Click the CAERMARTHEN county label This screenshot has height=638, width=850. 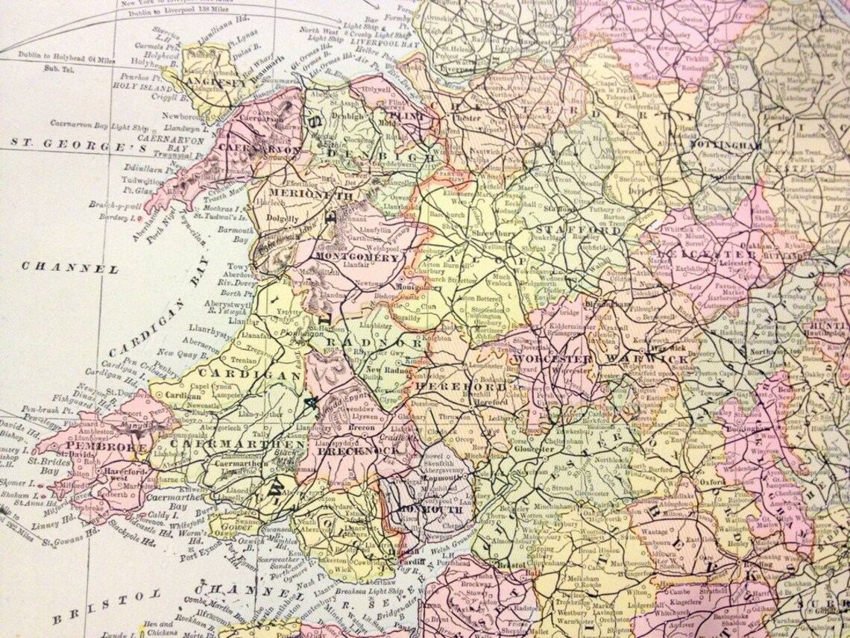coord(237,443)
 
